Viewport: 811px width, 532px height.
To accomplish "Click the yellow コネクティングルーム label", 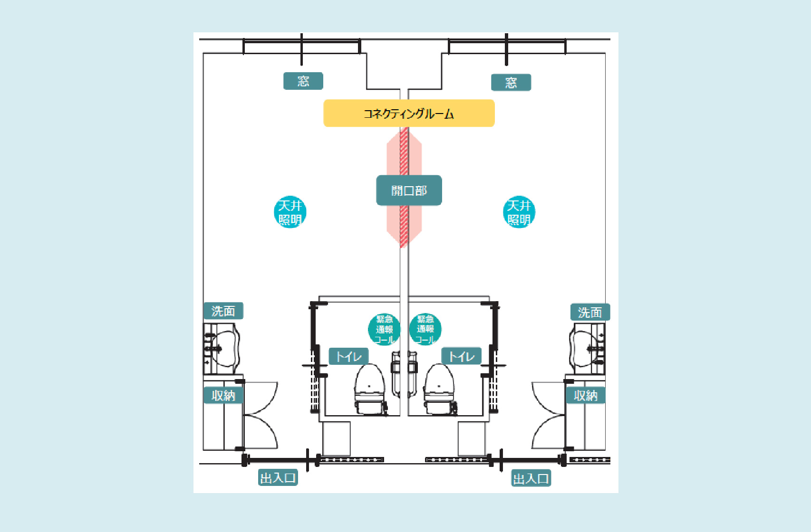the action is point(409,113).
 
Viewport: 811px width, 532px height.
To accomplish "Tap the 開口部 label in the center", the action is point(409,190).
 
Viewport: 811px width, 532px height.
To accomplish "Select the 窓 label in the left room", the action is point(303,81).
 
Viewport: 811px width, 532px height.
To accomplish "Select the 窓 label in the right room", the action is point(511,83).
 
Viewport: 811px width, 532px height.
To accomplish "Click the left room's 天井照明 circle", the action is point(290,212).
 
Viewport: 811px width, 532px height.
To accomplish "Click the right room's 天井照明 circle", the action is point(519,212).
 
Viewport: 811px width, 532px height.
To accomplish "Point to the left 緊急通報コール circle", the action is point(384,329).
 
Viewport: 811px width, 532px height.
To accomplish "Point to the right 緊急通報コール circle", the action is point(425,329).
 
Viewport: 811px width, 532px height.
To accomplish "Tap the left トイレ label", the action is point(348,357).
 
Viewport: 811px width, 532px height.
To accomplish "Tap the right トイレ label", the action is point(462,356).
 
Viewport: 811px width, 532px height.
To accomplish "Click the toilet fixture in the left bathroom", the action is point(370,389).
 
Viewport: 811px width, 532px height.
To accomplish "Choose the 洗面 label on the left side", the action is point(223,311).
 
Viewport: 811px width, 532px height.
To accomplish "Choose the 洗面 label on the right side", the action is point(590,312).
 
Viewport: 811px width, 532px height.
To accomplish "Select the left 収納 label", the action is point(223,395).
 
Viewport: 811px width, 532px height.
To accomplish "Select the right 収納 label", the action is point(586,395).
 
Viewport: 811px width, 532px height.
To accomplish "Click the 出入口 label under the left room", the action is point(278,478).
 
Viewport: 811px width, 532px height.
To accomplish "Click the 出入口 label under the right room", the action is point(531,478).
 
